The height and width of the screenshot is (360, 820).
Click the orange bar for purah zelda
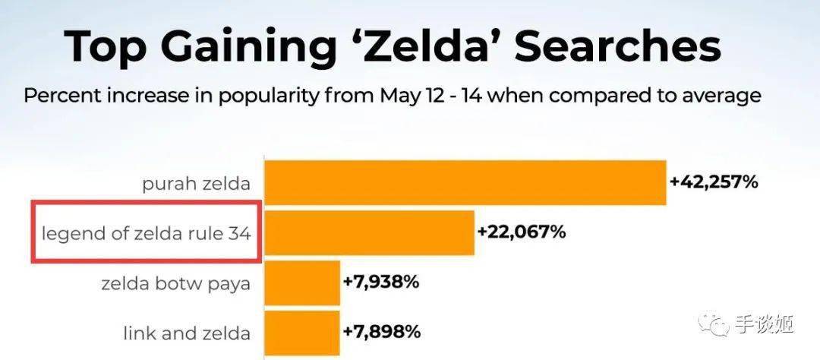coord(465,183)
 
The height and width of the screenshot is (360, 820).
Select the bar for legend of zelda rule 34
coord(369,233)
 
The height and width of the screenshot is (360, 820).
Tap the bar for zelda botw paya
coord(301,283)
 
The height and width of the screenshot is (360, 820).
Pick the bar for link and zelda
coord(301,333)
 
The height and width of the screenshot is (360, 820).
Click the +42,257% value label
coord(714,182)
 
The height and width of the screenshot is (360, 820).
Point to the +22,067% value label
coord(522,232)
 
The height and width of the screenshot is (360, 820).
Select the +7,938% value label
coord(381,283)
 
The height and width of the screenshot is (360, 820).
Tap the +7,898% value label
coord(381,333)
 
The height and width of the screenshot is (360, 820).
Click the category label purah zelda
coord(196,183)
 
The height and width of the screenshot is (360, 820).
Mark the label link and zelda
coord(187,333)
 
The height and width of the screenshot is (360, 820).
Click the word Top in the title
coord(106,47)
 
